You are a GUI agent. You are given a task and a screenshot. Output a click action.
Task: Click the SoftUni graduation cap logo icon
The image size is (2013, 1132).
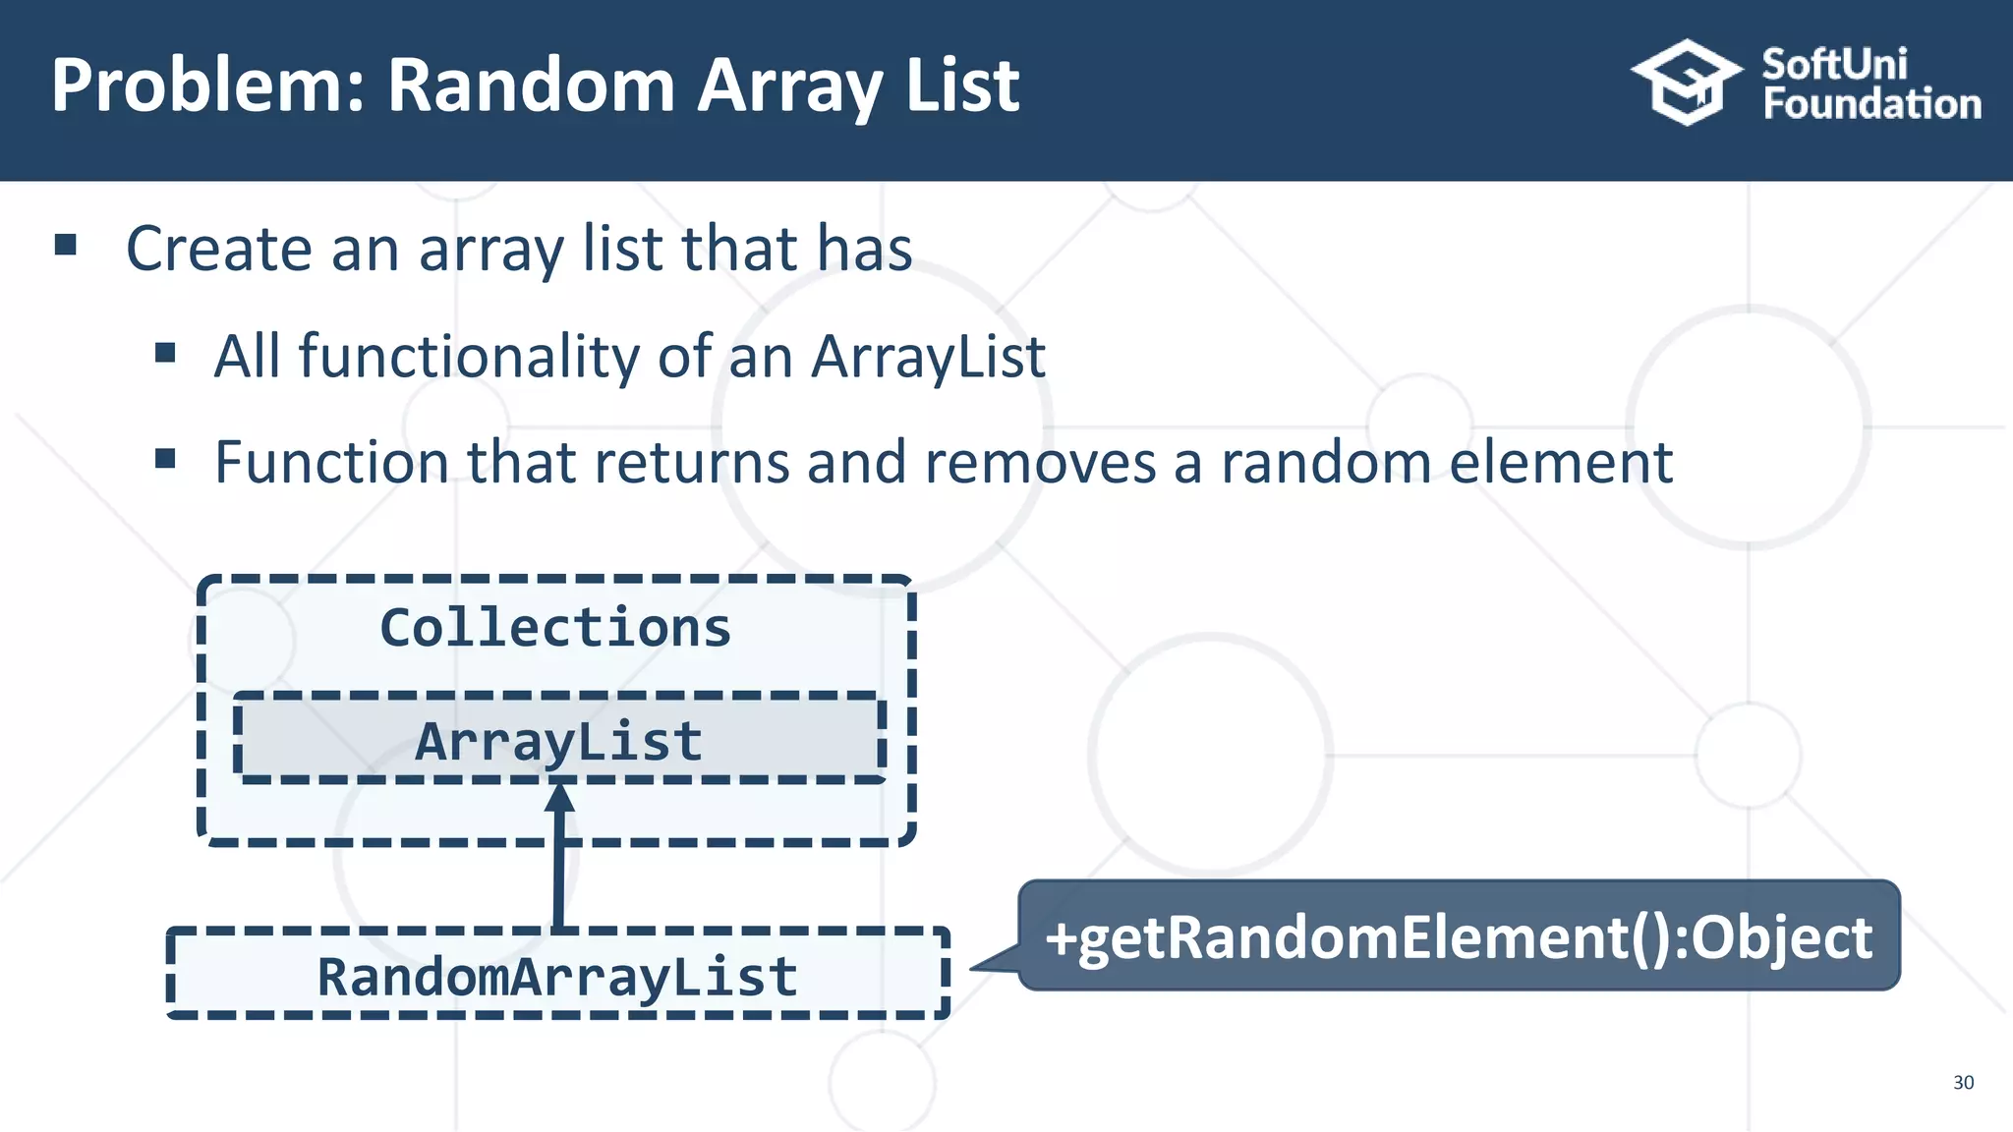click(1686, 83)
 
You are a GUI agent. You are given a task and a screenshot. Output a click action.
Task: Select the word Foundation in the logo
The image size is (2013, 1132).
click(1871, 104)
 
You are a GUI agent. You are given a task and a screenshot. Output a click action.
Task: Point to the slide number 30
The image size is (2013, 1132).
click(1963, 1082)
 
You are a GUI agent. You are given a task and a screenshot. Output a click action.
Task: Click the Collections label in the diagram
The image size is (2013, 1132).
click(555, 628)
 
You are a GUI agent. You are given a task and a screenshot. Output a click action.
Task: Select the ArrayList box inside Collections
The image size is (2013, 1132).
click(558, 739)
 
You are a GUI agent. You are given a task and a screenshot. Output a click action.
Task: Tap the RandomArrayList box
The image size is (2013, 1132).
click(557, 975)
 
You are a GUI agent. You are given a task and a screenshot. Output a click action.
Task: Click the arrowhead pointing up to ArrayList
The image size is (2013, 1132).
click(559, 797)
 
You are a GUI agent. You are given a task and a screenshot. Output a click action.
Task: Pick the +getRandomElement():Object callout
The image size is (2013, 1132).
click(1459, 935)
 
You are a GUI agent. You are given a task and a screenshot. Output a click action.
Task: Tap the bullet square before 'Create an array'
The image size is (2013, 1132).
click(66, 245)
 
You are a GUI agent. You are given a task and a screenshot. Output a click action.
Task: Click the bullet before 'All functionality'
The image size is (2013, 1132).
click(165, 353)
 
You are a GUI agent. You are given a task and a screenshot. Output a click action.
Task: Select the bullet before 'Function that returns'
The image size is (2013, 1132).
click(165, 459)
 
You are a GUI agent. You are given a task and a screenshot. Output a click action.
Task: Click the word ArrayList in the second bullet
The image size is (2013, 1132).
click(928, 356)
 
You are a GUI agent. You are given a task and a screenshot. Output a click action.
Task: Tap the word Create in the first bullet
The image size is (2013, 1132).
click(218, 249)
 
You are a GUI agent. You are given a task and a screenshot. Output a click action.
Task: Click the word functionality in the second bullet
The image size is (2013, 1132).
click(468, 356)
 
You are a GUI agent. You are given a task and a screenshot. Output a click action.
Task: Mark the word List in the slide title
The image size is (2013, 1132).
click(961, 86)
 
